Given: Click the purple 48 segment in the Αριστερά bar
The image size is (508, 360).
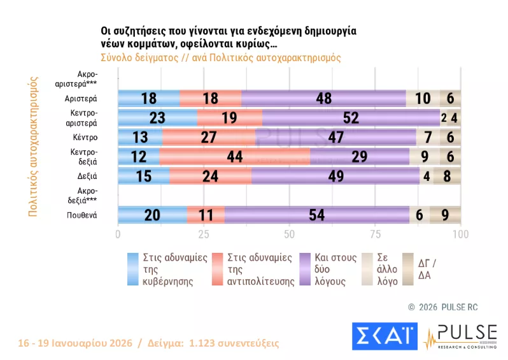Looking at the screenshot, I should pyautogui.click(x=324, y=99).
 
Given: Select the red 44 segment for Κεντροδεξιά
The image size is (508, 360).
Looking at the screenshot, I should pyautogui.click(x=235, y=156).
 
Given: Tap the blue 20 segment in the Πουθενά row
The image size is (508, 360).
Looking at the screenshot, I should pyautogui.click(x=152, y=215).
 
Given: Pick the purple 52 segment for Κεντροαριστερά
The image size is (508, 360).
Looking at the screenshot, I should pyautogui.click(x=351, y=118).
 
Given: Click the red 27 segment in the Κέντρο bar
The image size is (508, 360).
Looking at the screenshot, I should pyautogui.click(x=209, y=137).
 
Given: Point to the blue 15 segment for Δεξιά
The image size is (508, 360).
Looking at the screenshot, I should pyautogui.click(x=143, y=176).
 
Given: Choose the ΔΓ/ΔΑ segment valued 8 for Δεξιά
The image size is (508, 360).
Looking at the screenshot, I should pyautogui.click(x=447, y=176).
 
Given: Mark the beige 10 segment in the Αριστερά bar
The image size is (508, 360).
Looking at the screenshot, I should pyautogui.click(x=423, y=99).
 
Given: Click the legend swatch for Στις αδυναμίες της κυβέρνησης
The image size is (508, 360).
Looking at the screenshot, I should pyautogui.click(x=133, y=270).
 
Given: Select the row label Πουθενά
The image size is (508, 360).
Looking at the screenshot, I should pyautogui.click(x=81, y=215).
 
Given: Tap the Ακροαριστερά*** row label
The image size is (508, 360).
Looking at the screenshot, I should pyautogui.click(x=83, y=79).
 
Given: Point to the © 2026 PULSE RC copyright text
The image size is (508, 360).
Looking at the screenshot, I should pyautogui.click(x=442, y=307).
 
